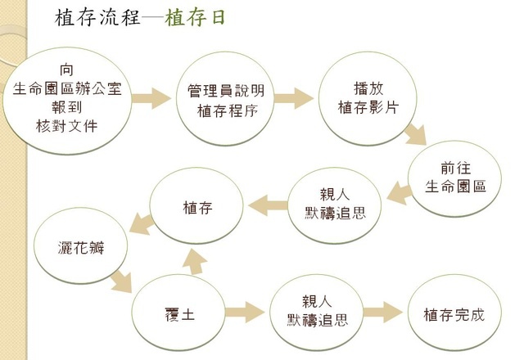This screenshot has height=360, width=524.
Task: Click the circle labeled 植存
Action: (197, 208)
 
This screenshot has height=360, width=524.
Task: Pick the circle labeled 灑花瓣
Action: (81, 245)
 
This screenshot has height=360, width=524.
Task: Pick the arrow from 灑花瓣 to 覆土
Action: (120, 281)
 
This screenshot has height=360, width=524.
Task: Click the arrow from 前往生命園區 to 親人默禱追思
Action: (397, 193)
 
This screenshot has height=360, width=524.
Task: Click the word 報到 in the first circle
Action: (67, 107)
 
